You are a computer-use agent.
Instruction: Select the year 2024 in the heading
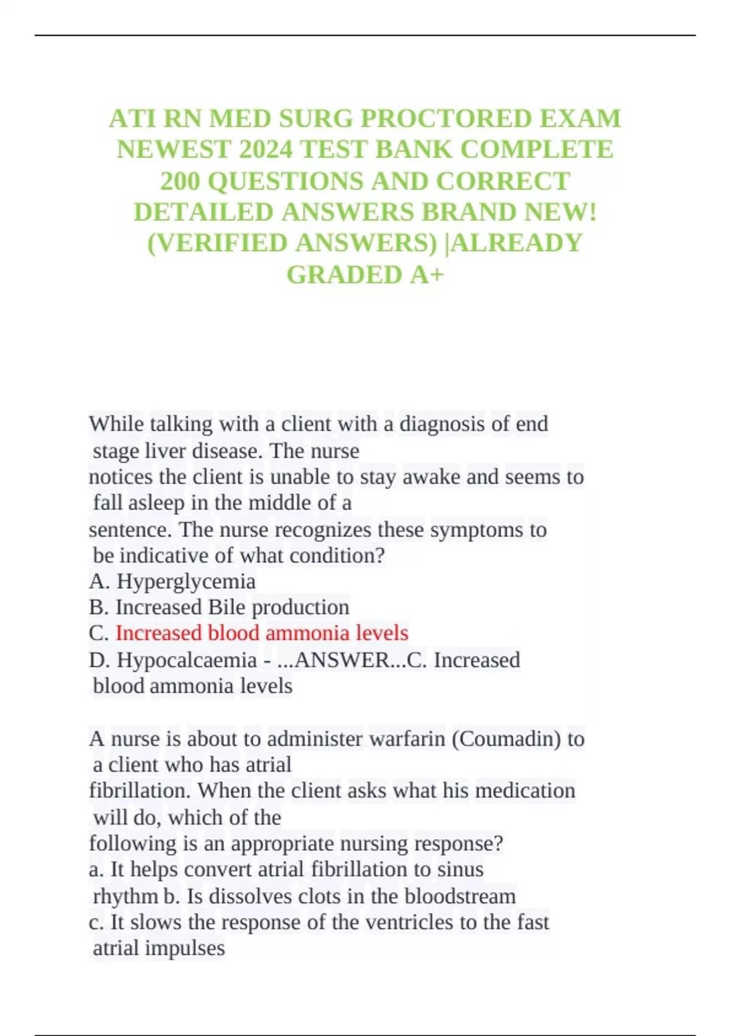tap(267, 149)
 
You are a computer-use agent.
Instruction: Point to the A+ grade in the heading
tap(426, 274)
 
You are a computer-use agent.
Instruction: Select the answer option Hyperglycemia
tap(186, 581)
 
